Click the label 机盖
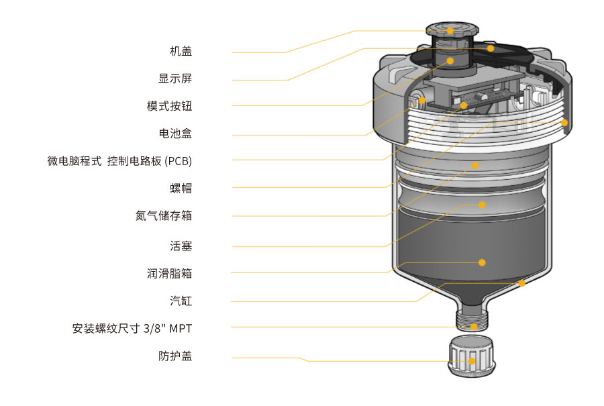[x=181, y=51]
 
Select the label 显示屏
[x=175, y=79]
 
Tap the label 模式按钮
[x=170, y=106]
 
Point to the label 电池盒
[x=175, y=134]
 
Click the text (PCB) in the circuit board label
[x=178, y=161]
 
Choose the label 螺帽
[x=181, y=189]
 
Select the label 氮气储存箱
[x=164, y=215]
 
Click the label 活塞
[x=181, y=246]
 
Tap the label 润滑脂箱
[x=170, y=274]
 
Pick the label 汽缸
[x=181, y=301]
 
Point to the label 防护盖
[x=175, y=356]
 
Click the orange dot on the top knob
[x=450, y=31]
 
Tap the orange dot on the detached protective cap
[x=472, y=361]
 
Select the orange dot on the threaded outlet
[x=474, y=327]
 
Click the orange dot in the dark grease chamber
[x=482, y=262]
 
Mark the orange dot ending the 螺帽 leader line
[x=564, y=123]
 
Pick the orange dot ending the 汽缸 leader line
[x=522, y=283]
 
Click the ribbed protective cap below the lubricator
[x=472, y=356]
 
